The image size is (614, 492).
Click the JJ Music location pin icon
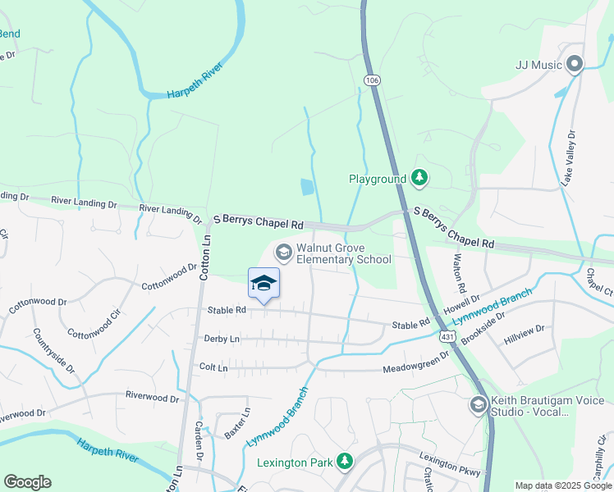point(574,65)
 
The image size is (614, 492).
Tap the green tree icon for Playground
point(419,178)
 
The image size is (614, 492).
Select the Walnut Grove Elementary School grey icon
point(283,252)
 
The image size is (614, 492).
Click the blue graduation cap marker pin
point(263,284)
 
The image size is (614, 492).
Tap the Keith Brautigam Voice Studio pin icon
point(479,405)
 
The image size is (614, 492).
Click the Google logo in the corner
point(27,482)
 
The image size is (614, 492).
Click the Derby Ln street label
point(222,339)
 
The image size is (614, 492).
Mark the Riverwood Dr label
point(152,398)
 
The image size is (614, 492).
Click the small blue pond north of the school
point(306,187)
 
